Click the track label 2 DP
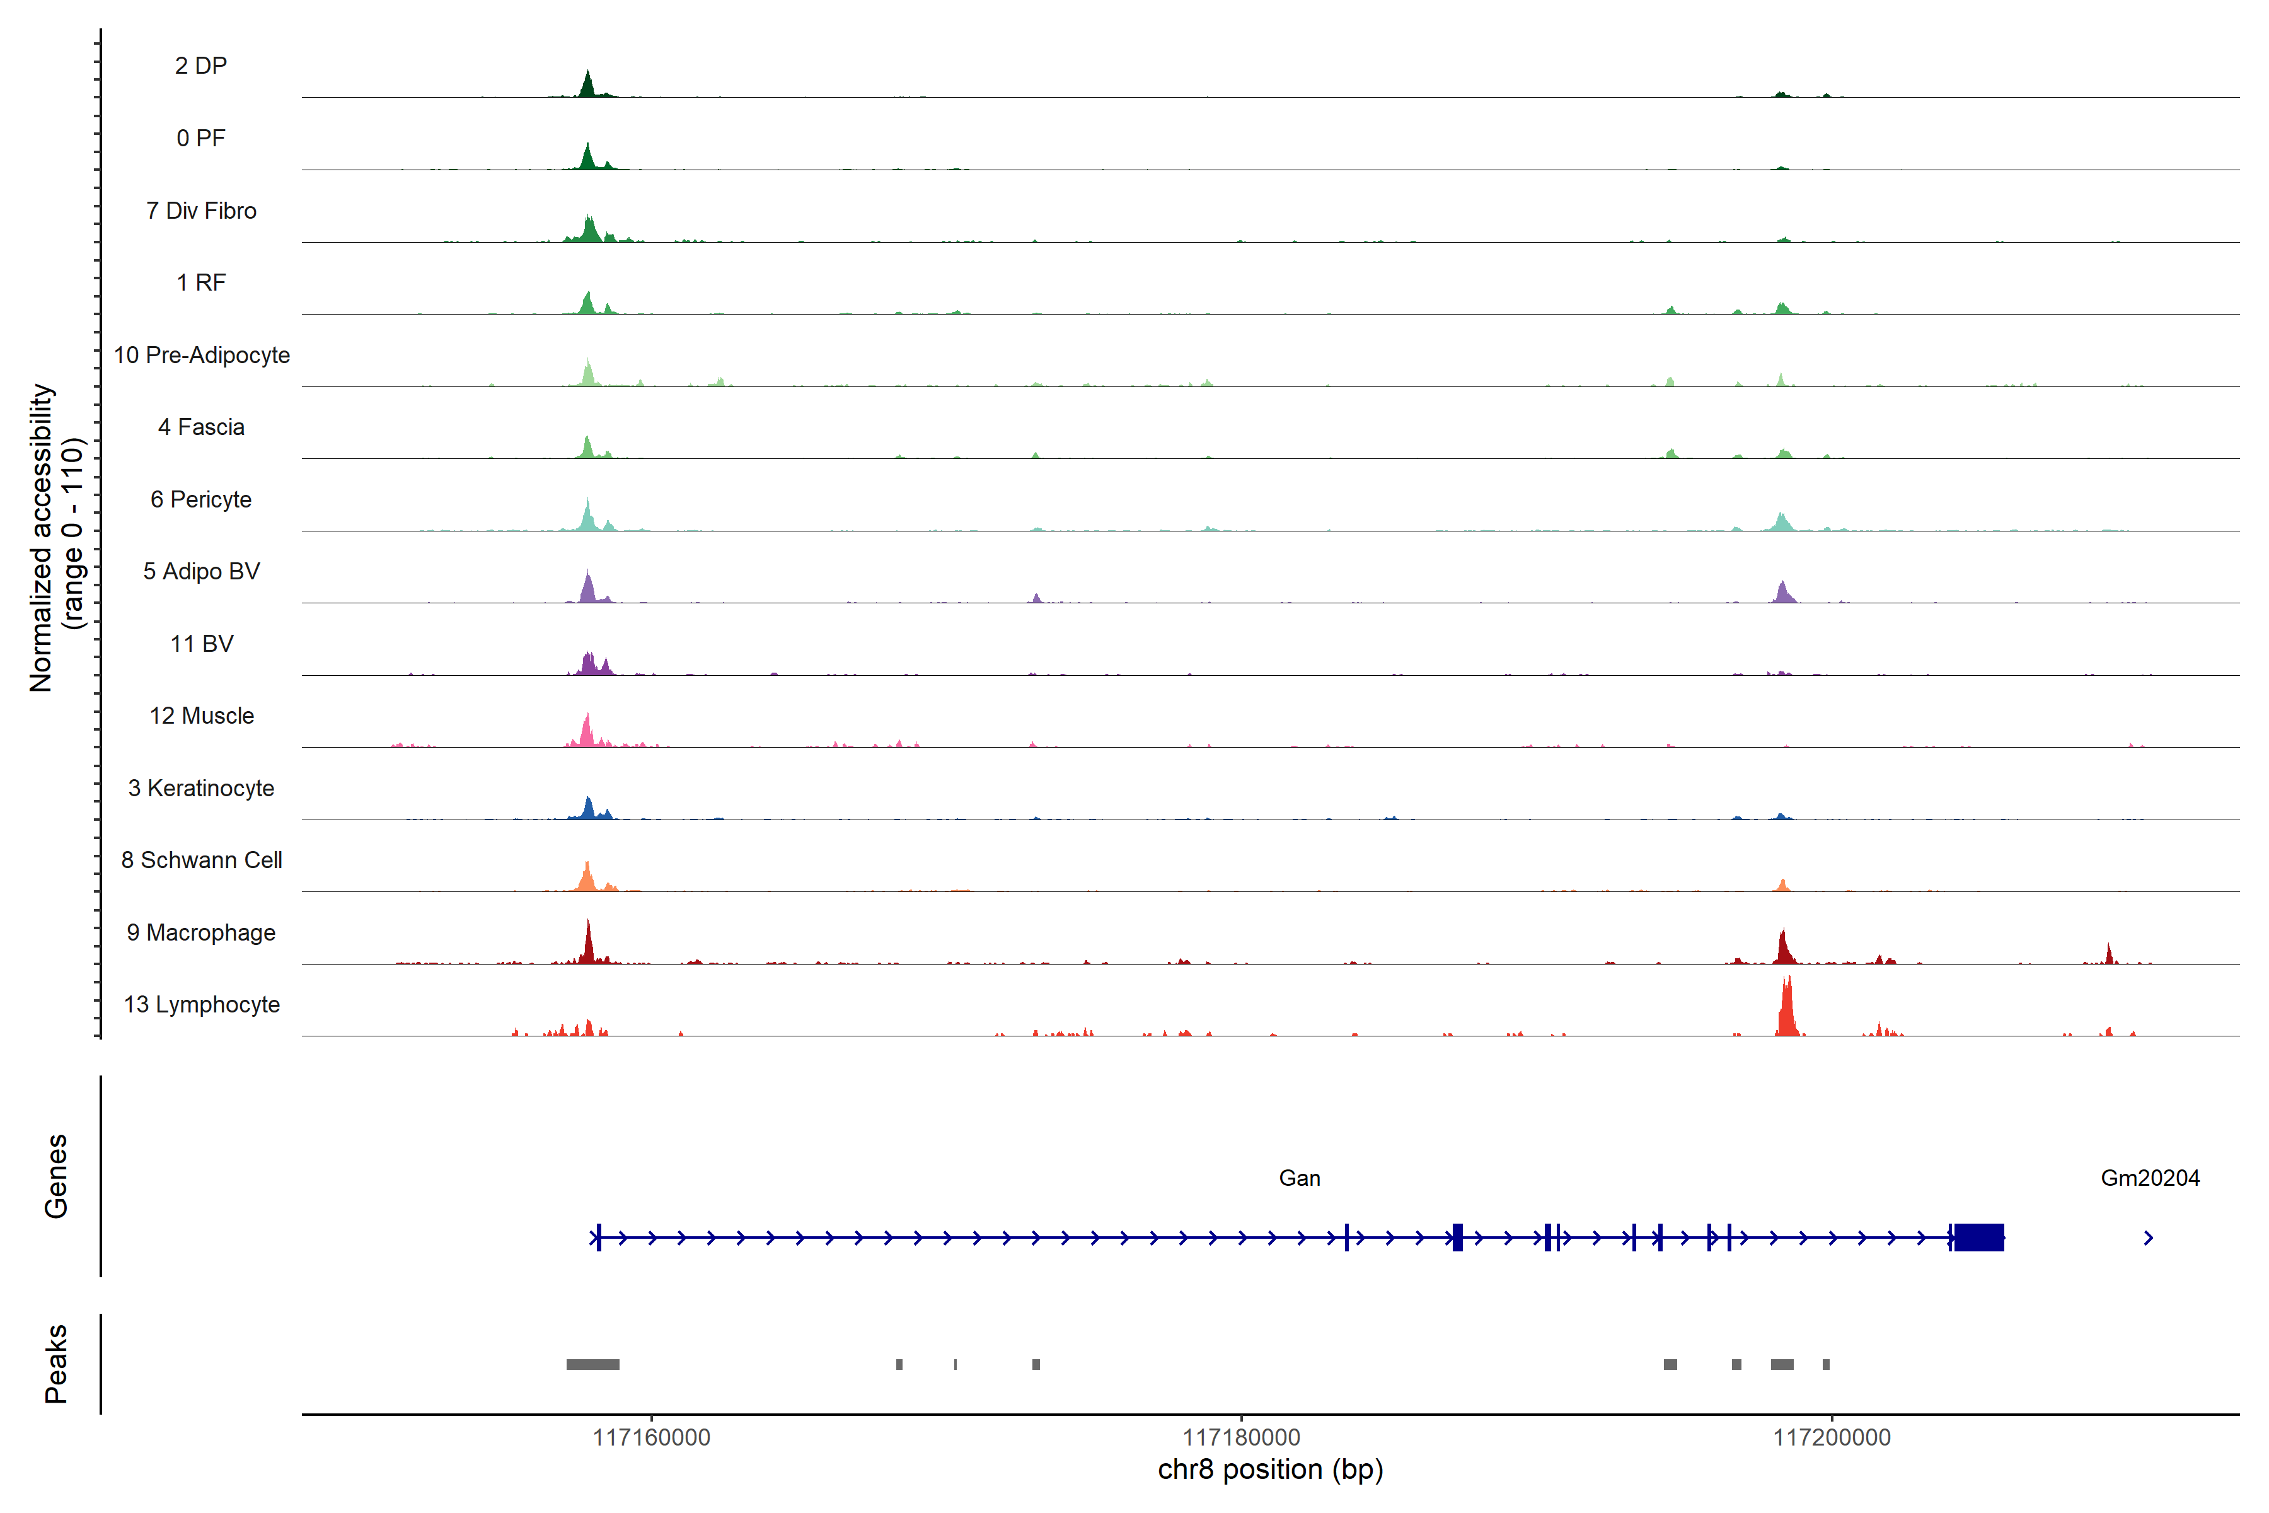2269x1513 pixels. click(x=200, y=66)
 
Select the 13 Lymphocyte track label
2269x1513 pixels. click(x=202, y=1004)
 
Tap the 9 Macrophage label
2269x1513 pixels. click(x=200, y=932)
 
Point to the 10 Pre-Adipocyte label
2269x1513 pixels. click(x=202, y=355)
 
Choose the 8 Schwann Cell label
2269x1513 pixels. click(x=202, y=860)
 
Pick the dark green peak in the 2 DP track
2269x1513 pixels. click(x=587, y=86)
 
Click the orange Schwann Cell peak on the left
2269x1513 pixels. click(x=587, y=877)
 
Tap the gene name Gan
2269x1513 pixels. click(x=1300, y=1178)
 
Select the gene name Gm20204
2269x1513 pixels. click(x=2149, y=1178)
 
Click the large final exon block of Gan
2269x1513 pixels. click(x=1978, y=1237)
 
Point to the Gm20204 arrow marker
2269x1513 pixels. click(x=2149, y=1238)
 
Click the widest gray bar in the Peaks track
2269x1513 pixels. click(x=592, y=1364)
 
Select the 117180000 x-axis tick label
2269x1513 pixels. click(x=1242, y=1438)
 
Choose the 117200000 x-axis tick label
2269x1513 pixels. click(x=1832, y=1438)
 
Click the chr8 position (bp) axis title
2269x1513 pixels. click(x=1271, y=1470)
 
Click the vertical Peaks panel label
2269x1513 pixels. click(x=56, y=1364)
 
